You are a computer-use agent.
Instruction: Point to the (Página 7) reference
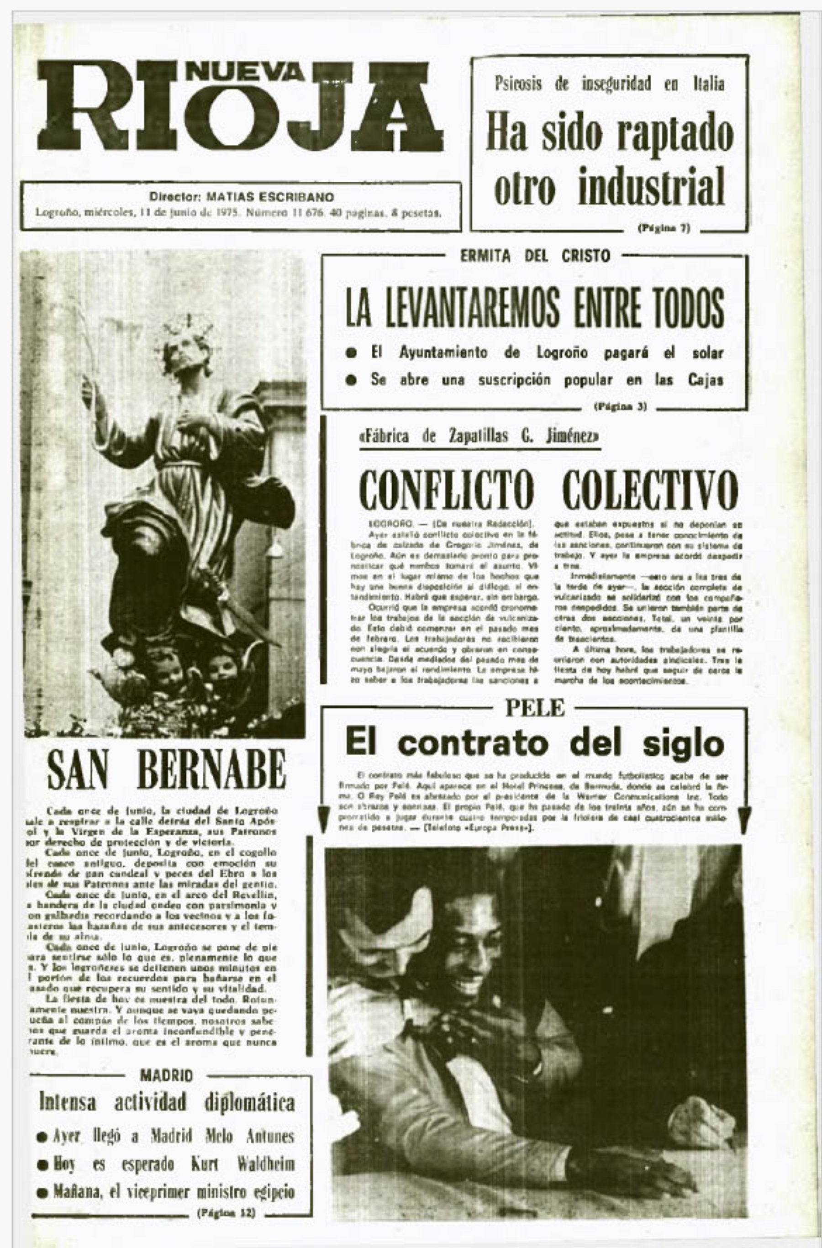point(664,228)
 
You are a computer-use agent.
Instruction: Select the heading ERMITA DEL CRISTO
point(535,257)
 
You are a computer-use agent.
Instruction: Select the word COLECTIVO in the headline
point(649,489)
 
